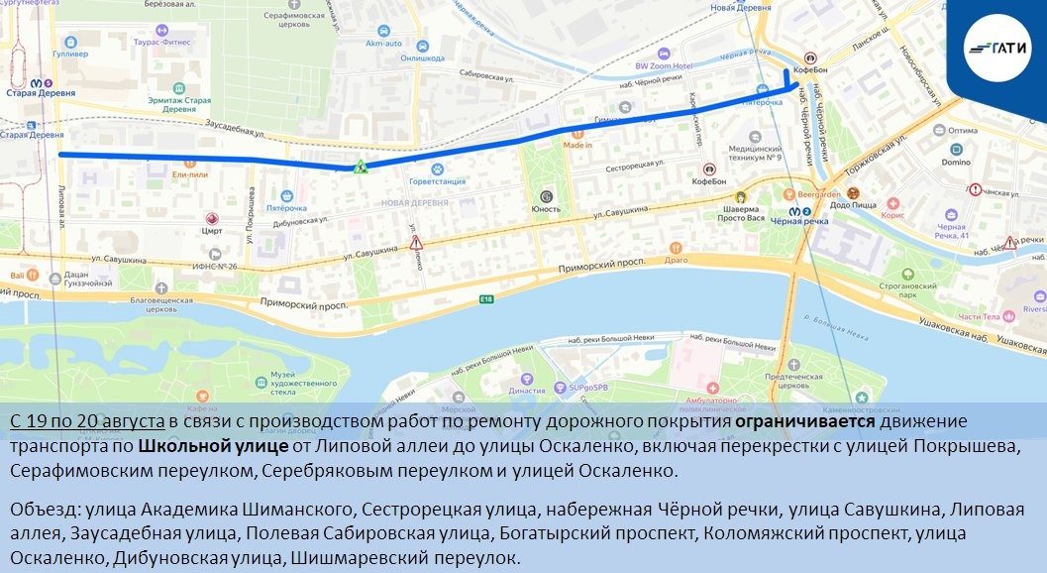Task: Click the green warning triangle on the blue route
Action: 363,167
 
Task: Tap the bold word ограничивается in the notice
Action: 803,420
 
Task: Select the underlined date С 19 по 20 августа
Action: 87,420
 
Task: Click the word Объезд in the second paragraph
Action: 44,510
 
